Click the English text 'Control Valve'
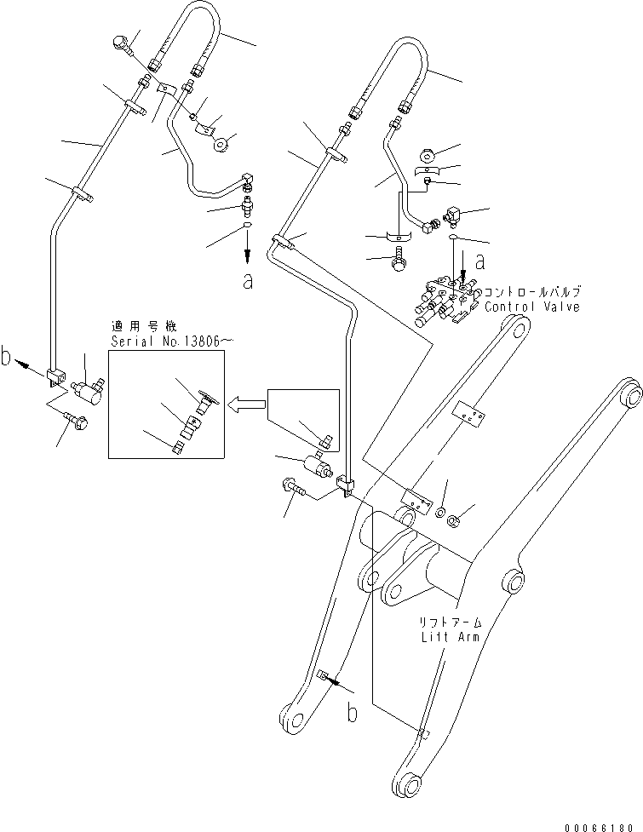tap(532, 307)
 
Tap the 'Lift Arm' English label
tap(450, 636)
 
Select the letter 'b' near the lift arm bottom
tap(351, 712)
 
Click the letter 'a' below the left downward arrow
tap(247, 281)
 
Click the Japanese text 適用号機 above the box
tap(136, 325)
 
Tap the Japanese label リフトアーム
tap(450, 622)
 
